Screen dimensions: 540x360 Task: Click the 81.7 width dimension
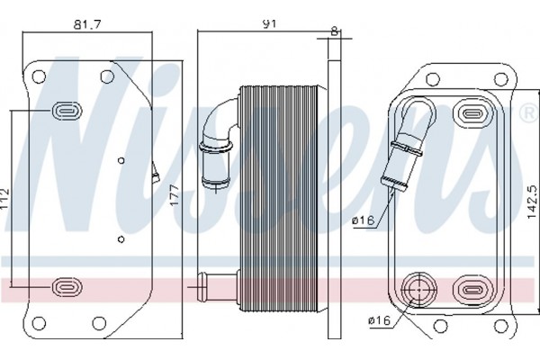click(x=87, y=24)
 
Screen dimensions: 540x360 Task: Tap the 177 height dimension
click(x=175, y=195)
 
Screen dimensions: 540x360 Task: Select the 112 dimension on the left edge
click(x=4, y=198)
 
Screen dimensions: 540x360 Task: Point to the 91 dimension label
click(x=270, y=24)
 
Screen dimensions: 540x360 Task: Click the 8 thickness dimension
click(x=334, y=31)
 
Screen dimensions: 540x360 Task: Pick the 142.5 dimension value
click(x=532, y=202)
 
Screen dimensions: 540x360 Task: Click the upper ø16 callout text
click(x=363, y=220)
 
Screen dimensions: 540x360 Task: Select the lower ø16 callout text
click(x=380, y=320)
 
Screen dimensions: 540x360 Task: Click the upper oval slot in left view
click(x=67, y=111)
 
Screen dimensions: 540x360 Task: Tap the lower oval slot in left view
click(x=67, y=286)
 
